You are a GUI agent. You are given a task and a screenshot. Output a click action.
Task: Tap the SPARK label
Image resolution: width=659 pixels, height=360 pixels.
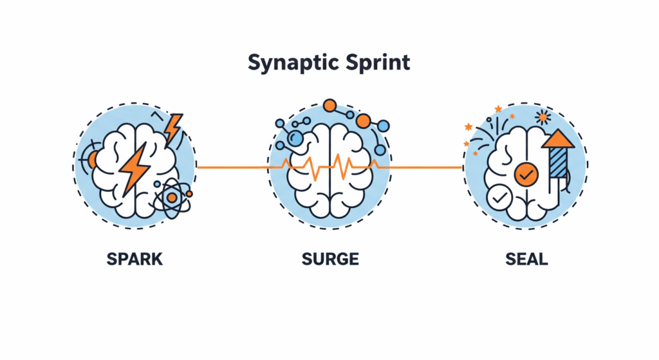[x=135, y=260]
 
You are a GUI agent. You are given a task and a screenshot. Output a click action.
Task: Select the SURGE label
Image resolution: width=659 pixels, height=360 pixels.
[x=329, y=260]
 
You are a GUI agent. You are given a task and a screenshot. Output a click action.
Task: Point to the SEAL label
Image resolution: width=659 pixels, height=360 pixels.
[x=526, y=260]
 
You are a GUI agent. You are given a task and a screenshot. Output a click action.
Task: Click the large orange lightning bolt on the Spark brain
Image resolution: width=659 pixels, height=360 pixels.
[x=135, y=169]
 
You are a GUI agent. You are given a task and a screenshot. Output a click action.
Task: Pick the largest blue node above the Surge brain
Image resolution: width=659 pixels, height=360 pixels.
[x=296, y=138]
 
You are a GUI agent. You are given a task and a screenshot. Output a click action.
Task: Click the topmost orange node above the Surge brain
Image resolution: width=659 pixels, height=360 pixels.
[x=329, y=105]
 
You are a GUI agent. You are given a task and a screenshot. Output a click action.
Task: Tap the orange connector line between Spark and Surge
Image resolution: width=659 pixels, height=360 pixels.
[x=232, y=167]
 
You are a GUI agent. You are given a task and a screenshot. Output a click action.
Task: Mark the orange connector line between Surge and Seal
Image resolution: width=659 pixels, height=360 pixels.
[x=425, y=167]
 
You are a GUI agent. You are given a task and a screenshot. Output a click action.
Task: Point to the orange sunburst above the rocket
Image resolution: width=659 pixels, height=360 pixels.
[x=543, y=117]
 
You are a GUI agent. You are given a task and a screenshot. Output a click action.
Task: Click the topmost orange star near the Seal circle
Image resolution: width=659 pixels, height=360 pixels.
[x=497, y=109]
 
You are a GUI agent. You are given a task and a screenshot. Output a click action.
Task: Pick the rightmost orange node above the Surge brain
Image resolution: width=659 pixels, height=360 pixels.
[x=364, y=121]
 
